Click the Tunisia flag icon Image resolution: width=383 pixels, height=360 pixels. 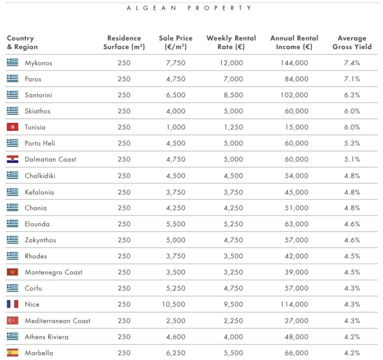coord(12,127)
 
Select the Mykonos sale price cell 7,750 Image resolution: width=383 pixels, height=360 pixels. coord(176,63)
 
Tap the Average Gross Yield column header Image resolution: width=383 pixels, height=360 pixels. coord(352,42)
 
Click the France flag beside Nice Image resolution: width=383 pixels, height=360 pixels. coord(12,304)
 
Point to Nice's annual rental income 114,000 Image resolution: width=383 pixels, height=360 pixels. coord(294,304)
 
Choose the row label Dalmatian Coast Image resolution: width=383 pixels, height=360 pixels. coord(50,159)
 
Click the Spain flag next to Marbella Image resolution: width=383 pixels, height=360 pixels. coord(12,353)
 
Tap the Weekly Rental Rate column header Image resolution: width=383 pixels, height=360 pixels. coord(231,42)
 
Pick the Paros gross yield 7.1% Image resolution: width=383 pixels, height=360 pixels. coord(352,79)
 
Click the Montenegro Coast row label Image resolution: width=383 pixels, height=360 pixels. coord(53,272)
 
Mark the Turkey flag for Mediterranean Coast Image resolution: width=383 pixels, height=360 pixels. coord(12,321)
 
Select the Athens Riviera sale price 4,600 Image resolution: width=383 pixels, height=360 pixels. coord(176,337)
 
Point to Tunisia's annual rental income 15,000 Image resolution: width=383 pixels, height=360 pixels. coord(296,127)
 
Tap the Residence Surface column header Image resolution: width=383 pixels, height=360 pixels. coord(124,42)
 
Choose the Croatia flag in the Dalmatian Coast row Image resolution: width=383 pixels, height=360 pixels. coord(12,159)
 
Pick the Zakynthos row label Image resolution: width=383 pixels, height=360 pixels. coord(40,240)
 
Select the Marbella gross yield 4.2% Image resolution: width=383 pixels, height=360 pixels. coord(352,353)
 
